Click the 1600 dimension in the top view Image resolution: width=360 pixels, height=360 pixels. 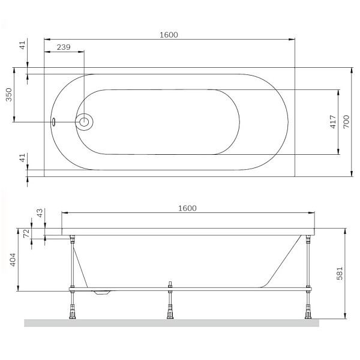tap(169, 35)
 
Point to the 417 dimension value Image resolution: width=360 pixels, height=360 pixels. tap(332, 124)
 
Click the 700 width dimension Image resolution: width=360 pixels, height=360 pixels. tap(346, 122)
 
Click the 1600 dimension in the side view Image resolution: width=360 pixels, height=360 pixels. tap(187, 208)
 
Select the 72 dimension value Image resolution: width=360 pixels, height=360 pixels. tap(26, 233)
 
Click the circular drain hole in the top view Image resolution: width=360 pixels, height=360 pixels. tap(84, 122)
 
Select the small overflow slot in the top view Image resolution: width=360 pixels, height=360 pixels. tap(54, 122)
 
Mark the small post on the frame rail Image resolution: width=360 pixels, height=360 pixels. tap(170, 284)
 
